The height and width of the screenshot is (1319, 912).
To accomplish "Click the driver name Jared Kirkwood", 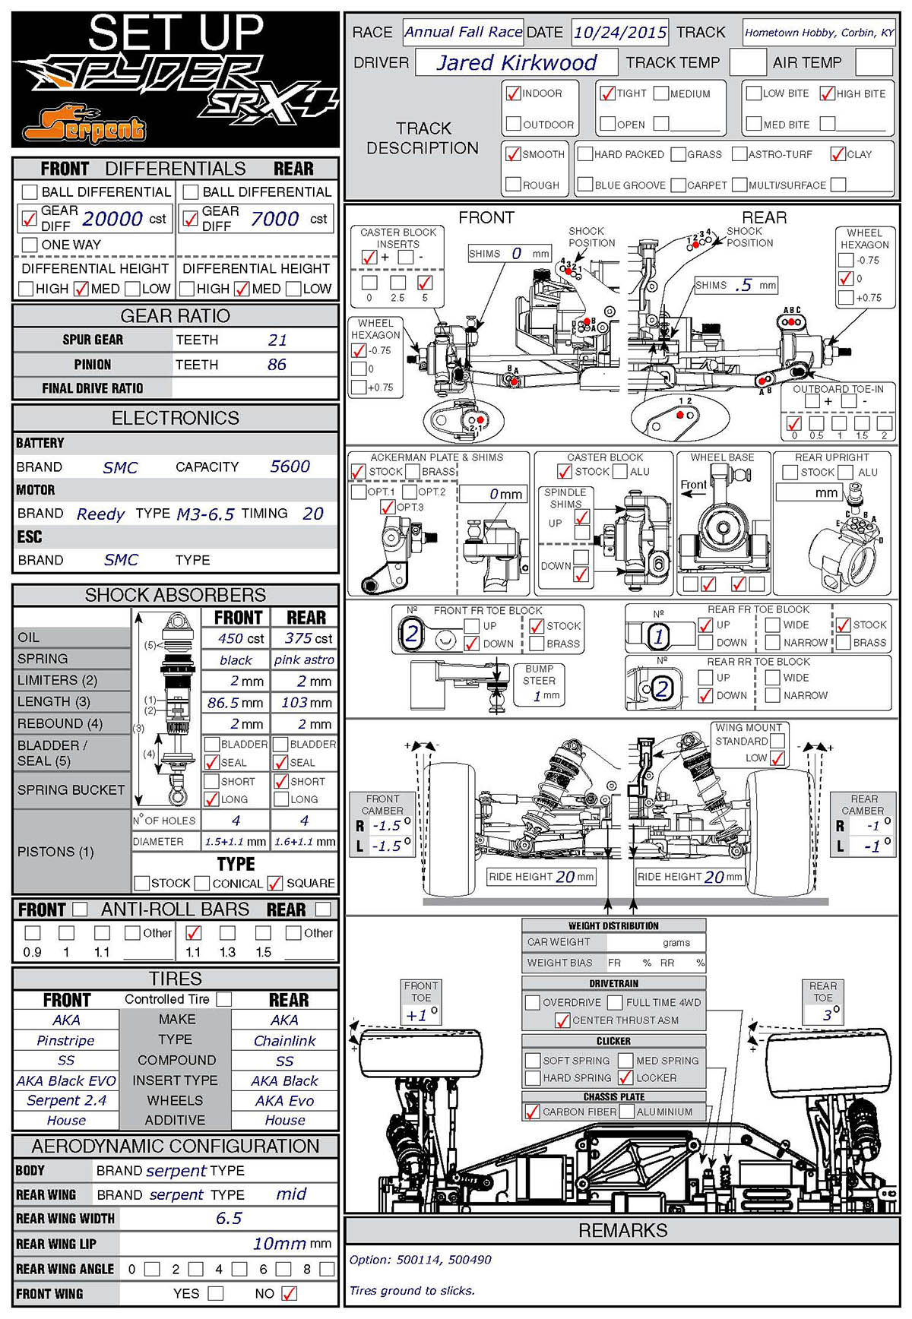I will (x=517, y=62).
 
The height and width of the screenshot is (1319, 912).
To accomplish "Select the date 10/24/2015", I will (x=619, y=33).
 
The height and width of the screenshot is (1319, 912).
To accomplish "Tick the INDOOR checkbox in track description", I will (x=513, y=93).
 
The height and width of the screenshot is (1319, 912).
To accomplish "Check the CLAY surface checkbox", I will (x=838, y=154).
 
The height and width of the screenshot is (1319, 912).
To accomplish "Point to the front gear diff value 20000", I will (x=112, y=219).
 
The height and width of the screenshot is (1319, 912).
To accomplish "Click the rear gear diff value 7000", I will (x=274, y=219).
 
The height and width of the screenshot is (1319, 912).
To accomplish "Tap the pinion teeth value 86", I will (x=277, y=365).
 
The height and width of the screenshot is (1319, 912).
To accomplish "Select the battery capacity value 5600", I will (x=290, y=467).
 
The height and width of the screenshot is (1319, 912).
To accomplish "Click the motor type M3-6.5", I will (x=205, y=514).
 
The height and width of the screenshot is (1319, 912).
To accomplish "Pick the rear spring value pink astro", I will (x=304, y=659).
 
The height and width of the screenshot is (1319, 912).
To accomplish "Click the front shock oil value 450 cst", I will (x=241, y=639).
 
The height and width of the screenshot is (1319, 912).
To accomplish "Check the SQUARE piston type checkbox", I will (x=275, y=883).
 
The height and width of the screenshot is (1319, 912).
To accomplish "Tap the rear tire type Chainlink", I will (x=284, y=1040).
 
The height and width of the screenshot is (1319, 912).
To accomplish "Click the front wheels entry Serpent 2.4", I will (x=66, y=1100).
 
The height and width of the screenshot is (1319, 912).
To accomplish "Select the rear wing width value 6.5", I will (x=228, y=1218).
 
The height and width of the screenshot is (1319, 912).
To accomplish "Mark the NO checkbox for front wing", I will (x=289, y=1293).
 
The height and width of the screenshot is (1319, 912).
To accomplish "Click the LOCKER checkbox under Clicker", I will (x=625, y=1077).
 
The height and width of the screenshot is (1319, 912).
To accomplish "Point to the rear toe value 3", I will (x=827, y=1014).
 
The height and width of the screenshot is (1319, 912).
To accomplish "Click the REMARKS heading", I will (x=622, y=1230).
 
